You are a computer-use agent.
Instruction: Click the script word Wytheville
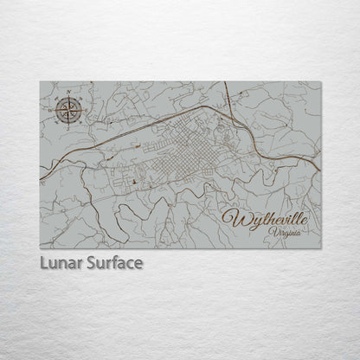coord(270,217)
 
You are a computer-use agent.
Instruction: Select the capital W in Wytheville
coord(235,217)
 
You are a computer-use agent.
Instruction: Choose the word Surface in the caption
coord(112,260)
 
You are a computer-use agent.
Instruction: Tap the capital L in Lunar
coord(44,260)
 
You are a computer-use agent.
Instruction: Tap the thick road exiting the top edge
coord(224,82)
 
